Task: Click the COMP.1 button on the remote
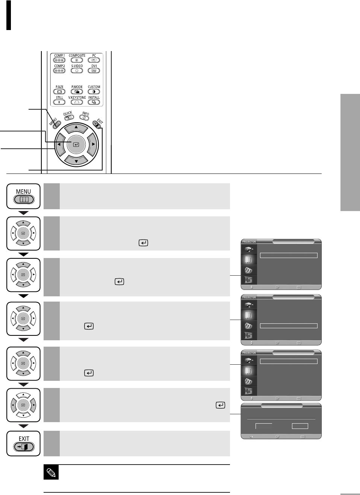[x=59, y=60]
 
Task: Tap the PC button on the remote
[x=94, y=60]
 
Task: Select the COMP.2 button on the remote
[x=59, y=71]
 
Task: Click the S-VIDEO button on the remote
[x=77, y=71]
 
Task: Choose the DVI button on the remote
[x=94, y=71]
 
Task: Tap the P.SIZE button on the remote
[x=59, y=92]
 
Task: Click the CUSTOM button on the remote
[x=94, y=92]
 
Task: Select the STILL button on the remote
[x=59, y=102]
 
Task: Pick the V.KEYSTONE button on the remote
[x=77, y=102]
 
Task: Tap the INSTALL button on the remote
[x=94, y=102]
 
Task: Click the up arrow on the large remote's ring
[x=76, y=128]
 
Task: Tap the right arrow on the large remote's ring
[x=93, y=144]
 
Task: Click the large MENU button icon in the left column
[x=23, y=196]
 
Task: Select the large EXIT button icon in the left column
[x=24, y=444]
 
